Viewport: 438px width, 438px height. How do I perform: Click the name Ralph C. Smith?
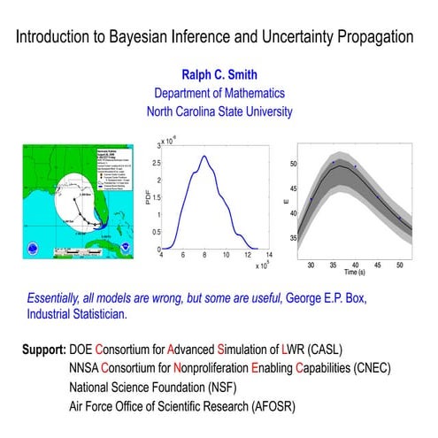pos(218,76)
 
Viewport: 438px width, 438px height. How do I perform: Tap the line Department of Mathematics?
pos(218,94)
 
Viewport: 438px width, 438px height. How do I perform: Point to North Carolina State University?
pos(218,111)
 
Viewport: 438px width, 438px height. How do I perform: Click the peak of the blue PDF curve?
pos(204,156)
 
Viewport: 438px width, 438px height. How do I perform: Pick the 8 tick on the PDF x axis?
pos(204,257)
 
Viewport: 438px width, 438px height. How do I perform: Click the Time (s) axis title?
pos(354,273)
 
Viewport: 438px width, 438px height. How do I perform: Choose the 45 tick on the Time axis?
pos(377,264)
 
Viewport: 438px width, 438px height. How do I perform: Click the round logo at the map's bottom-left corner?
pos(33,249)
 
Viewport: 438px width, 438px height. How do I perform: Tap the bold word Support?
pos(45,350)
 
